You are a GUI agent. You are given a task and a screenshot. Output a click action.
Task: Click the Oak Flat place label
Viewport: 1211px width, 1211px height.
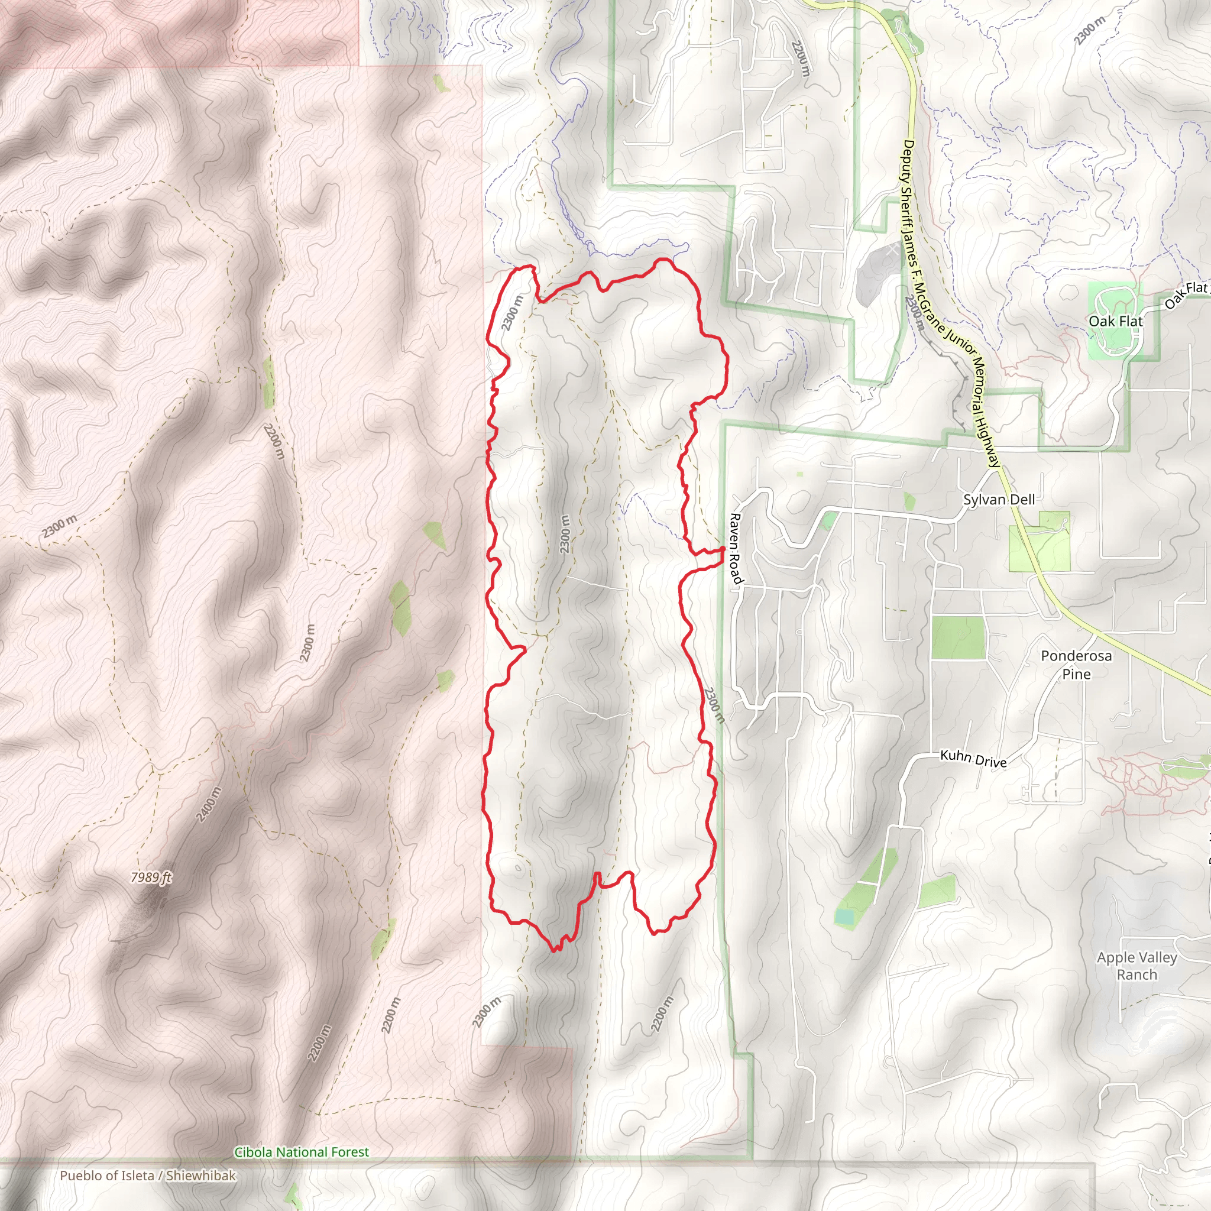point(1116,321)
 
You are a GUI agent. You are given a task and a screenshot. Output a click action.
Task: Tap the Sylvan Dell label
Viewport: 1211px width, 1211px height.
point(999,500)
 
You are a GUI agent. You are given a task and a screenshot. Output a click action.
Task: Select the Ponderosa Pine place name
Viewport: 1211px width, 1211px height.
point(1076,665)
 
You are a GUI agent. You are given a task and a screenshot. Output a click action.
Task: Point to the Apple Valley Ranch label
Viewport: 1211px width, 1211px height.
point(1137,966)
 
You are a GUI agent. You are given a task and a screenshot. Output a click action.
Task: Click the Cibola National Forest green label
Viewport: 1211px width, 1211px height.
point(302,1152)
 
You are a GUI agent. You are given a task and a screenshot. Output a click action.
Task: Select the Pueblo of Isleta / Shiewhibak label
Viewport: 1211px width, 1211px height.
point(148,1176)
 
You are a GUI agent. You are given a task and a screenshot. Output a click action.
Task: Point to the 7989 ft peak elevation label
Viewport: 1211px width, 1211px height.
point(150,878)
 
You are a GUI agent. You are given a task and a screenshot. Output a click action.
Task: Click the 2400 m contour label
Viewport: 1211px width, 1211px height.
point(209,804)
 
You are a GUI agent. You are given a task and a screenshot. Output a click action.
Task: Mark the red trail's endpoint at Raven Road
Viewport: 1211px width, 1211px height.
point(723,549)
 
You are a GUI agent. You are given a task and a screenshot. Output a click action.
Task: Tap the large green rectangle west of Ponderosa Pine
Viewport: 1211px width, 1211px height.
point(958,637)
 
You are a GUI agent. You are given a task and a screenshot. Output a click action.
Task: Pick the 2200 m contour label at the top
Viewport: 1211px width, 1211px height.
point(801,58)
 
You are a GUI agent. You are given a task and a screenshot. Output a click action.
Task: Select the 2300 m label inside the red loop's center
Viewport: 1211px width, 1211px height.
point(565,534)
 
